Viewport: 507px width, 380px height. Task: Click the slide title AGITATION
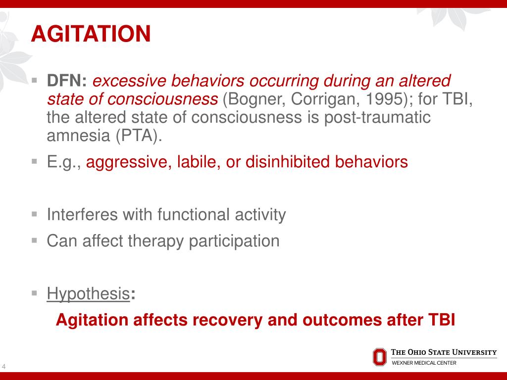pyautogui.click(x=91, y=34)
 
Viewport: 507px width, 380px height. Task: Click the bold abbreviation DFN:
pyautogui.click(x=67, y=81)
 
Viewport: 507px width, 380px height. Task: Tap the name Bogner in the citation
pyautogui.click(x=257, y=99)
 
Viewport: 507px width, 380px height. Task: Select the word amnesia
pyautogui.click(x=79, y=136)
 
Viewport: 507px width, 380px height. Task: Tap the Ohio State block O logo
pyautogui.click(x=379, y=356)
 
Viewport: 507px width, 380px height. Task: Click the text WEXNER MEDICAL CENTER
pyautogui.click(x=424, y=363)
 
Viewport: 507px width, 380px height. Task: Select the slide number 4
pyautogui.click(x=4, y=367)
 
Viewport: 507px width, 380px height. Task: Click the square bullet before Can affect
pyautogui.click(x=34, y=240)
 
